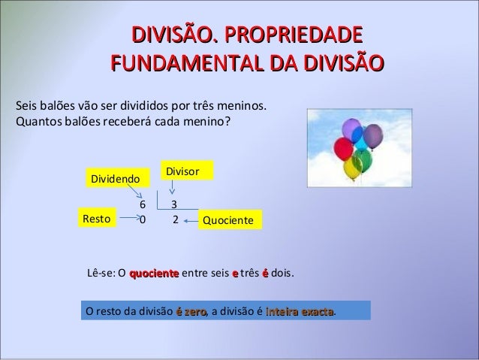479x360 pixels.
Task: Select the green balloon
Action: coord(363,161)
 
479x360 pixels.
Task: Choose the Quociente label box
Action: coord(230,220)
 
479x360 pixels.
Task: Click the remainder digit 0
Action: coord(143,220)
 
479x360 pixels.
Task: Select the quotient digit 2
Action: coord(175,220)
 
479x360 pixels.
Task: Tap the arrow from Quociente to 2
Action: coord(190,220)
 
